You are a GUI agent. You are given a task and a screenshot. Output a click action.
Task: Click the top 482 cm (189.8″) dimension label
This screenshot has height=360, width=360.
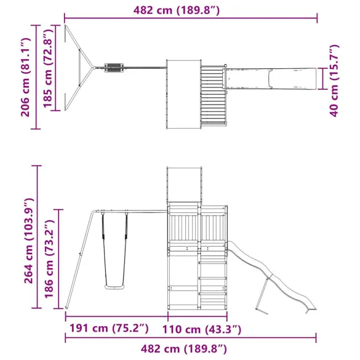coord(177,10)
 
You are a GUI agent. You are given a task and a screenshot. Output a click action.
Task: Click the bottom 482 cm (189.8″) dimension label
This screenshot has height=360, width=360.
coord(183,349)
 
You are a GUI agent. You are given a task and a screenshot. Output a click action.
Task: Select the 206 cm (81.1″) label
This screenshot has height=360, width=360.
coord(25,78)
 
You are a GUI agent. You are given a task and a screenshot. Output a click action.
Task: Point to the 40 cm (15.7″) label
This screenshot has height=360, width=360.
coord(334,81)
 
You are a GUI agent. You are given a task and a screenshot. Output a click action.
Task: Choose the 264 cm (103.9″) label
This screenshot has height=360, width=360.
coord(29,241)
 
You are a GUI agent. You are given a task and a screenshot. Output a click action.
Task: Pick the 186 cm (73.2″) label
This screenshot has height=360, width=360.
coord(49,258)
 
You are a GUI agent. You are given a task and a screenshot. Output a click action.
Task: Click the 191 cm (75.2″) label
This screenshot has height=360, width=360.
coord(109,328)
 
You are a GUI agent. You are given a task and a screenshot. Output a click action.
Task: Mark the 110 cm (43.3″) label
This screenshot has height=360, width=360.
coord(202,329)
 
